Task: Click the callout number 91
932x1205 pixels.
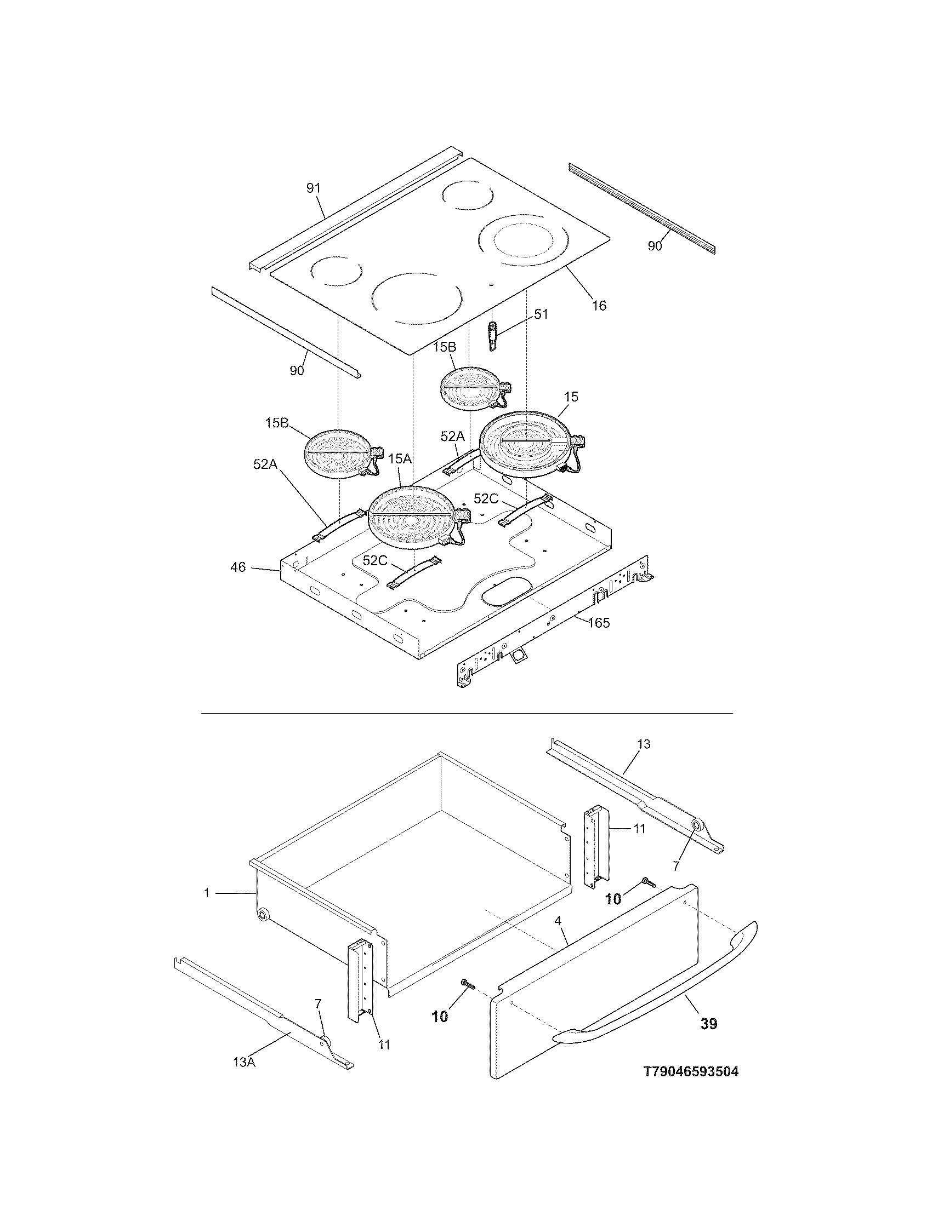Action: click(x=313, y=188)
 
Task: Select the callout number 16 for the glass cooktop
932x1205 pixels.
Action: click(x=599, y=305)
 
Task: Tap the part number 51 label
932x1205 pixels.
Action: click(x=541, y=314)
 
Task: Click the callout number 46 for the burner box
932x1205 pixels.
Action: click(x=238, y=567)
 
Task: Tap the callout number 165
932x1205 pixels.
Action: click(x=599, y=623)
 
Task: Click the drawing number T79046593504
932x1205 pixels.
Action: click(x=691, y=1071)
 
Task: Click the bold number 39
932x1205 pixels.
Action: click(x=708, y=1024)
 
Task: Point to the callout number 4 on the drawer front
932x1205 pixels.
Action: click(x=558, y=921)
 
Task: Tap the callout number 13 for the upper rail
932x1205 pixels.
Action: click(x=643, y=744)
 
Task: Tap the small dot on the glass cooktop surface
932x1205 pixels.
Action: click(x=491, y=285)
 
